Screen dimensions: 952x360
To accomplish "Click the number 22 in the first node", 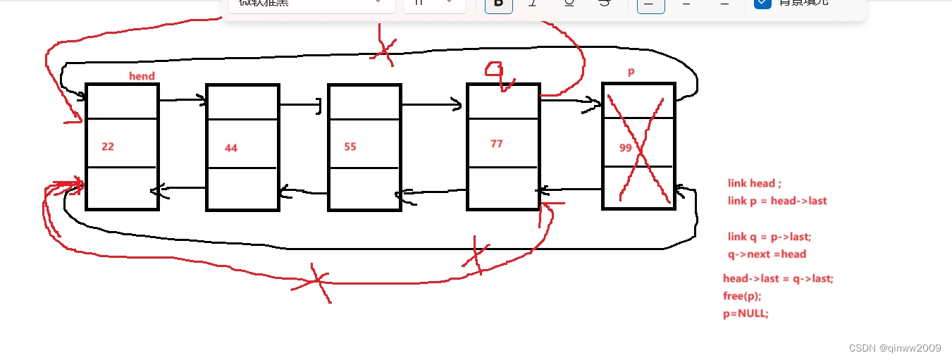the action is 108,147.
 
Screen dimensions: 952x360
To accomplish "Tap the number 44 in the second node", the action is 231,148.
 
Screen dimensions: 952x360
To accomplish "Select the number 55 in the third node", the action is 350,147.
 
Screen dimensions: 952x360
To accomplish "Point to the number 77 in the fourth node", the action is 497,144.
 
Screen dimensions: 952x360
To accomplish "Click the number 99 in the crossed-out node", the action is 626,148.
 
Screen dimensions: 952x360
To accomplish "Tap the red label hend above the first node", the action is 142,76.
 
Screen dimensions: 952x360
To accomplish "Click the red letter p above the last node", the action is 631,73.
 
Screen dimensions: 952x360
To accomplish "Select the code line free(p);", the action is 742,296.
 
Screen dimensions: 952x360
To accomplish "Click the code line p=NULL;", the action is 746,314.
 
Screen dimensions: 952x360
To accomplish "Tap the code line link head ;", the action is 755,183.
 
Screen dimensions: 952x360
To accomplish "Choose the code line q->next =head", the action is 767,254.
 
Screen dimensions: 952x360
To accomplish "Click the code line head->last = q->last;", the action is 778,278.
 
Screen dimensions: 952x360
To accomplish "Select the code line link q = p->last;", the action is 769,237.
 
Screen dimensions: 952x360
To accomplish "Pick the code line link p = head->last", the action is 777,201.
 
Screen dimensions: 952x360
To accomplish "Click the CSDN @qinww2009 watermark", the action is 895,348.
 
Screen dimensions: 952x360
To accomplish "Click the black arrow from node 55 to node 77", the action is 431,106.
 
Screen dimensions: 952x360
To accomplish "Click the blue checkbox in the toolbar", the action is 762,3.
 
